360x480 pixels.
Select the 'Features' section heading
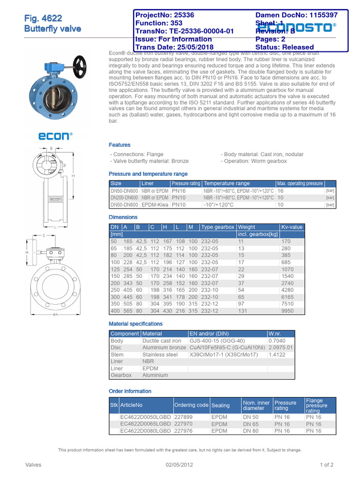pos(120,145)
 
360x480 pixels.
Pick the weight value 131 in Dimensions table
pos(243,311)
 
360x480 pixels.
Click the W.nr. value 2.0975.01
pos(281,347)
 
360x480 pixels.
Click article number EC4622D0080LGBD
pos(146,431)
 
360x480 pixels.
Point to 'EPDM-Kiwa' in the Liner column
pos(154,205)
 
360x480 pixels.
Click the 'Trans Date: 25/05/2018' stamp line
pos(174,47)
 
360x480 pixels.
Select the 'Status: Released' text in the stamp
pos(285,47)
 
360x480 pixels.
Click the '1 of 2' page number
pos(326,465)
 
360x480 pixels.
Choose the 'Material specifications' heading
pos(135,323)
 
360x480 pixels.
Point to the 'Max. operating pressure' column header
pos(300,183)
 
